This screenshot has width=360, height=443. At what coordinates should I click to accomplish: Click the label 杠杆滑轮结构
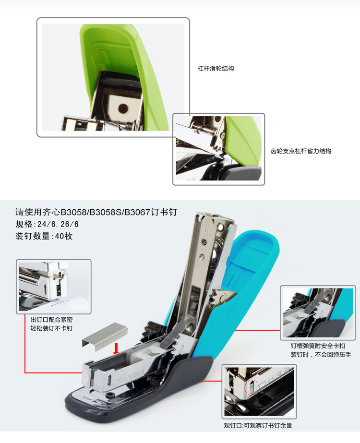216,69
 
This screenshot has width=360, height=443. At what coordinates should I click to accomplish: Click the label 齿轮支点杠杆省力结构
301,151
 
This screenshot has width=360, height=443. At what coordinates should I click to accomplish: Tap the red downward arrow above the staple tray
116,348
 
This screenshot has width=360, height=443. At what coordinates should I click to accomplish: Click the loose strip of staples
105,337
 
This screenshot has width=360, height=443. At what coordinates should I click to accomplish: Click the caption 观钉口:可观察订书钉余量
258,426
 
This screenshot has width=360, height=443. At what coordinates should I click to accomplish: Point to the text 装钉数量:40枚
44,236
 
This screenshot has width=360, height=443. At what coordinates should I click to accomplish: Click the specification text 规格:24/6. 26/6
47,224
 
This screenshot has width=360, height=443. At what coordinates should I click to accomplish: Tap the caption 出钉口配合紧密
51,320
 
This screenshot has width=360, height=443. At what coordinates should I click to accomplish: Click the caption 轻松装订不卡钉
51,328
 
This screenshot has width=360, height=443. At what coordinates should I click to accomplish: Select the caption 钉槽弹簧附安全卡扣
318,346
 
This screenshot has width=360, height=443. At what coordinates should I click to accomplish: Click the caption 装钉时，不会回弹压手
321,355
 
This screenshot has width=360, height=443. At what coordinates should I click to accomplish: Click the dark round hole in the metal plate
123,108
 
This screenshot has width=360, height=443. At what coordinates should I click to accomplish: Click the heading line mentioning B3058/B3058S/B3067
96,212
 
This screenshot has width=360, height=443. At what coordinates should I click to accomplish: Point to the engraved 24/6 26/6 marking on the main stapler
130,376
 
